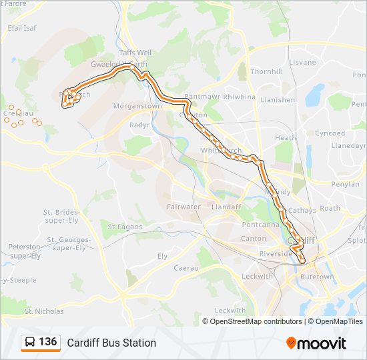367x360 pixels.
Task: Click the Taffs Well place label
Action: pos(135,52)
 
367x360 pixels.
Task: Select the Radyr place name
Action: pos(139,125)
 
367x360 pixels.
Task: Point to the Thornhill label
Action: pos(266,71)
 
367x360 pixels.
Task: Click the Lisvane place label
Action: pos(302,62)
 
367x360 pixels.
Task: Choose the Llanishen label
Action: pos(278,100)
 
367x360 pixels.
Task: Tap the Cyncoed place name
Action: pos(330,133)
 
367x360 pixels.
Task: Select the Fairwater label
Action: pos(184,207)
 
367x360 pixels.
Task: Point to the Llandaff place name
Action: pos(226,207)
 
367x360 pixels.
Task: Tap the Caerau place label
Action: pos(186,267)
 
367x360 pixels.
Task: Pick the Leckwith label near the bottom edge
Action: pos(230,311)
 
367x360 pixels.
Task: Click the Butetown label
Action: pos(316,277)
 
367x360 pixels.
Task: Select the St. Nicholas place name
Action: pos(44,311)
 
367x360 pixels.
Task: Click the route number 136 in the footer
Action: pos(47,342)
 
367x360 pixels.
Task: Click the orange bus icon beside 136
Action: pos(30,343)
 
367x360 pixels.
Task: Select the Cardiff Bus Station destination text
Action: pos(111,343)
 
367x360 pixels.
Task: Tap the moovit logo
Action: pos(316,343)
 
